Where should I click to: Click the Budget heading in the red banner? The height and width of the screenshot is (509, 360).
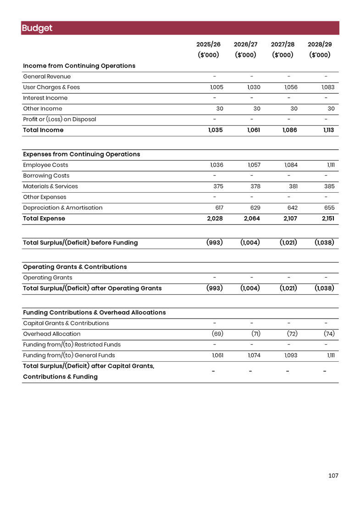click(37, 28)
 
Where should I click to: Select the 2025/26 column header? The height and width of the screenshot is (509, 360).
click(208, 45)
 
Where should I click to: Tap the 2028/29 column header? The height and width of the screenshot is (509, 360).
click(320, 45)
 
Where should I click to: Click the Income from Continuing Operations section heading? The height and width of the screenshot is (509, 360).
click(79, 66)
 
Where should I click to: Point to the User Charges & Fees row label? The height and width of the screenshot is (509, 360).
click(52, 87)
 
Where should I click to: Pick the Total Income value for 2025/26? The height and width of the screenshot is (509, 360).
click(215, 130)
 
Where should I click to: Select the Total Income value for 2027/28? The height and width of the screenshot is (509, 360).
click(289, 130)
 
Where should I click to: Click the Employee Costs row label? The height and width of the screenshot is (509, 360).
click(46, 165)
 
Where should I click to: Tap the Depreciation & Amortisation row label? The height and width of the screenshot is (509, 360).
click(63, 208)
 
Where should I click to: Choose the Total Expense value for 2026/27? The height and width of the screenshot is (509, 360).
click(252, 218)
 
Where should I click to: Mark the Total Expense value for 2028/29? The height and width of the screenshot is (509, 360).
click(328, 218)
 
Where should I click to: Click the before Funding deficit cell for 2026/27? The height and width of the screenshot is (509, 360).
click(250, 242)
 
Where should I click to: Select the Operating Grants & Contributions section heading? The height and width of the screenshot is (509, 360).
click(75, 267)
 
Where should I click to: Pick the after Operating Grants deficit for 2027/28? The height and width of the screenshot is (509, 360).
click(288, 288)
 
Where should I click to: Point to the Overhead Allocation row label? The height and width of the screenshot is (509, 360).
click(52, 334)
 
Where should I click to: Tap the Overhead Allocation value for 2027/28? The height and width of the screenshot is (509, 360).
click(292, 334)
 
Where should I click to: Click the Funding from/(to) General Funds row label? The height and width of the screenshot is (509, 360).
click(69, 355)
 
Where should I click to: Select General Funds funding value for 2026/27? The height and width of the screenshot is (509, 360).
click(254, 355)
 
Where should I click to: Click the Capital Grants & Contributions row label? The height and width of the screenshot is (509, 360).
click(66, 323)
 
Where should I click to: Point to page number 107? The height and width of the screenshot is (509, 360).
click(333, 476)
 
